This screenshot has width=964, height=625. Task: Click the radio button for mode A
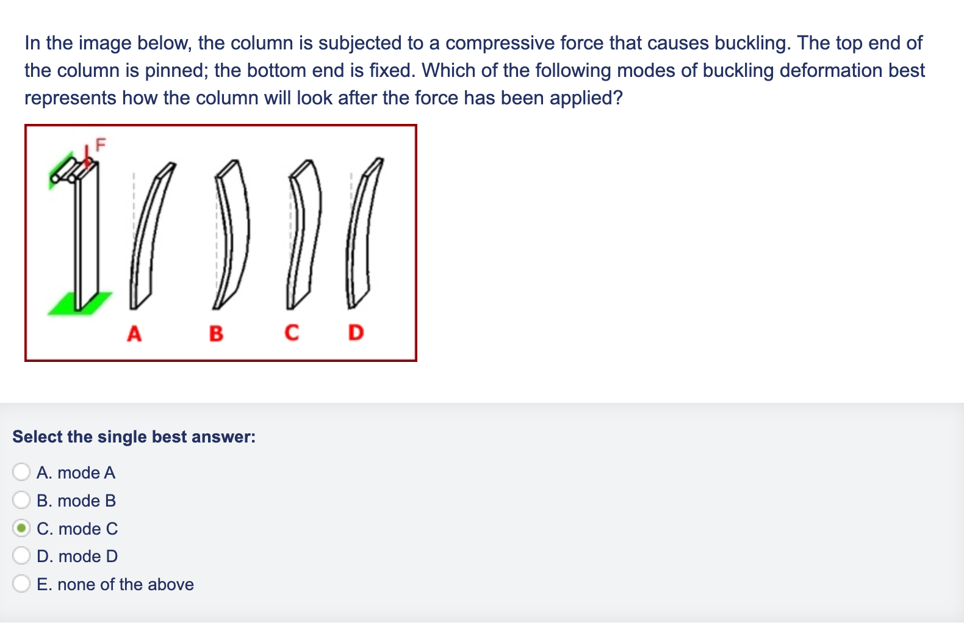(x=21, y=472)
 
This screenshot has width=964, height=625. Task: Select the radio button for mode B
(x=21, y=500)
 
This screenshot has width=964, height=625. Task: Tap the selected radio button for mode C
(x=21, y=528)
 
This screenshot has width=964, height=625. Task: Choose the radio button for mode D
(x=21, y=555)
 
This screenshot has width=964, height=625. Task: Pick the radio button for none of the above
(x=21, y=583)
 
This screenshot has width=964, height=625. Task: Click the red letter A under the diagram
(x=134, y=334)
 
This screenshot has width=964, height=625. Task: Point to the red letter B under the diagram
(x=216, y=334)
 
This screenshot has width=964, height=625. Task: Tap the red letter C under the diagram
(x=292, y=333)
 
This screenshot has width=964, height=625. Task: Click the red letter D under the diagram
(x=356, y=333)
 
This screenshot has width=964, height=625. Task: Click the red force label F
(x=100, y=145)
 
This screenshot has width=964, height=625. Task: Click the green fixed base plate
(x=80, y=303)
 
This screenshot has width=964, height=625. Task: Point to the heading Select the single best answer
(x=134, y=437)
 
